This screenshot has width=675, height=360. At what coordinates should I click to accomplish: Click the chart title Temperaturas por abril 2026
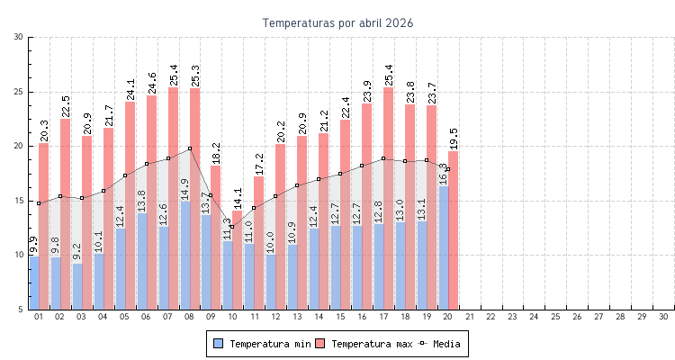(337, 23)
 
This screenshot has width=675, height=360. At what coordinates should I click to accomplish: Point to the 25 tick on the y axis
(19, 92)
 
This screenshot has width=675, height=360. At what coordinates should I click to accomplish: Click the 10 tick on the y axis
(19, 255)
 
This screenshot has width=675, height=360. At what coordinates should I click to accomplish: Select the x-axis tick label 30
(663, 317)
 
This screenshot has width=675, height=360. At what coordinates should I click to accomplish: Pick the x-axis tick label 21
(469, 317)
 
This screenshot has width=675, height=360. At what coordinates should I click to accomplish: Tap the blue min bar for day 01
(33, 283)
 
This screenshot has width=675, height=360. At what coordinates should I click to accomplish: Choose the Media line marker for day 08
(190, 148)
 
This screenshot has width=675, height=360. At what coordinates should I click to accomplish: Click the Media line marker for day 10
(232, 227)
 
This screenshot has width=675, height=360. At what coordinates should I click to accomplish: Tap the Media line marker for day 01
(39, 203)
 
